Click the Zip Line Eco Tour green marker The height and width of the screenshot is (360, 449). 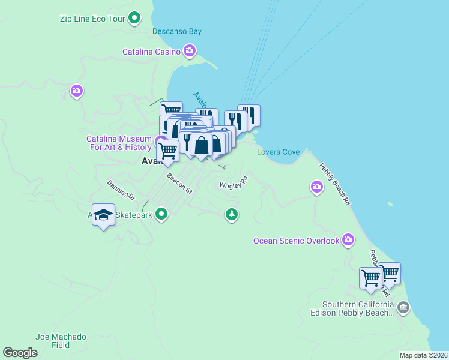click(x=136, y=18)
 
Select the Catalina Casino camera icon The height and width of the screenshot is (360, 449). click(x=190, y=52)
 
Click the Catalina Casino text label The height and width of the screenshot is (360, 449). click(x=151, y=52)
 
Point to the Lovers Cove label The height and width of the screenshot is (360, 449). click(x=278, y=152)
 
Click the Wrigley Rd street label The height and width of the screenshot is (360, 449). click(x=234, y=183)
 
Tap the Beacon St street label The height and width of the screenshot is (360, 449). click(x=179, y=184)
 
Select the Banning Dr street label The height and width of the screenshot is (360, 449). click(x=121, y=190)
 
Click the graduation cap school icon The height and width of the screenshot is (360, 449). click(x=103, y=215)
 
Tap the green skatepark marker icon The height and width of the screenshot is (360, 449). click(x=161, y=214)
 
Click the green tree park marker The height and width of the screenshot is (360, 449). click(x=232, y=214)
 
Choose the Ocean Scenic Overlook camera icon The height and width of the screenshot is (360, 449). click(x=348, y=240)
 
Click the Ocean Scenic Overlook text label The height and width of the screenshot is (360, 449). click(x=296, y=241)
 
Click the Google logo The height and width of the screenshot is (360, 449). click(x=20, y=353)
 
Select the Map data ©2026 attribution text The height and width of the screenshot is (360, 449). click(x=423, y=355)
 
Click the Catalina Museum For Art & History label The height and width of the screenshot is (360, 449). click(x=119, y=143)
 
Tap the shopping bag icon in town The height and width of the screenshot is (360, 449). click(x=201, y=146)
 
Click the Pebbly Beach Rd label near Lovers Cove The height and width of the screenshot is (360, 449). click(x=334, y=185)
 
